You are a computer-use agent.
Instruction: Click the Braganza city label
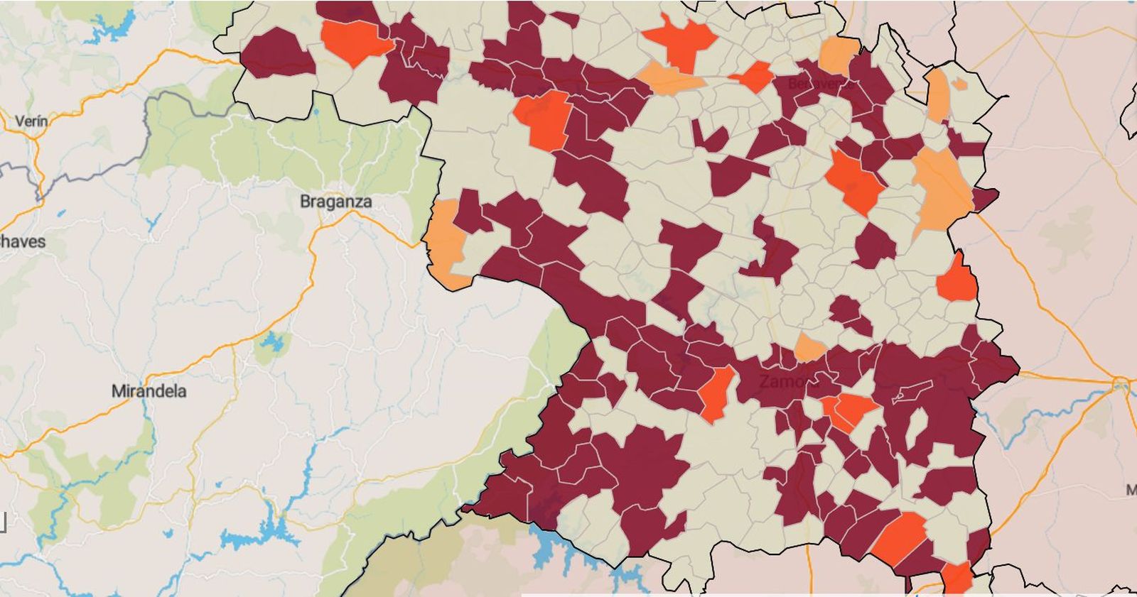[x=335, y=202]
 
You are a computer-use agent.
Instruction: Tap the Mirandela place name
[x=149, y=391]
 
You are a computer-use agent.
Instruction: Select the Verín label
[x=31, y=121]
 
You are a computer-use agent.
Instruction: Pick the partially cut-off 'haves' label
[x=21, y=241]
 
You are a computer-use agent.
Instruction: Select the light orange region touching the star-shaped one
[x=668, y=80]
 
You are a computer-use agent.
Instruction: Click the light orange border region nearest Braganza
[x=446, y=241]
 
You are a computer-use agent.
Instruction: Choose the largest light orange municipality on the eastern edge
[x=942, y=188]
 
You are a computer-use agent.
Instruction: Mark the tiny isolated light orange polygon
[x=959, y=84]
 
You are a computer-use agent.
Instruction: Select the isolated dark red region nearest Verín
[x=277, y=53]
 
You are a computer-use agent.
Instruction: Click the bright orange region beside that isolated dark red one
[x=355, y=41]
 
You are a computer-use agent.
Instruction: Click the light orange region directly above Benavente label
[x=839, y=54]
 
